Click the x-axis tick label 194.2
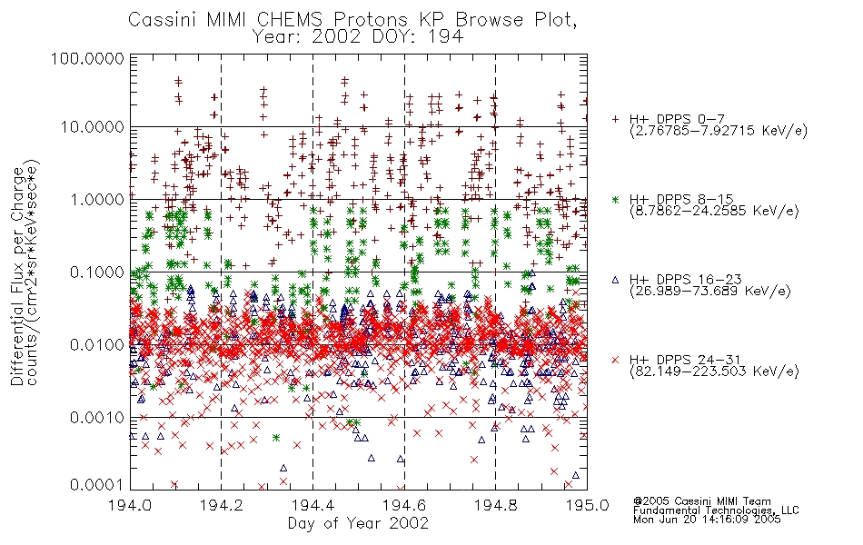click(222, 504)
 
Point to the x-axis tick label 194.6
click(404, 504)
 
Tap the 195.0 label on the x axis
click(587, 504)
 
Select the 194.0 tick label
click(130, 504)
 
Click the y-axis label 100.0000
click(87, 58)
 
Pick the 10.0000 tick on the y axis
click(92, 127)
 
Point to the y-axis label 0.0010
click(96, 418)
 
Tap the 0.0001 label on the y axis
click(96, 485)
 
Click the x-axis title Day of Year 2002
click(358, 523)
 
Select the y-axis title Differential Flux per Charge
click(17, 276)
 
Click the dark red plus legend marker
click(615, 119)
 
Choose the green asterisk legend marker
click(615, 199)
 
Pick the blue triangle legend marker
click(615, 280)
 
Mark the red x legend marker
click(615, 360)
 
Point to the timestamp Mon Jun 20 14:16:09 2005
click(707, 520)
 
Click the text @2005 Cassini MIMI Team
click(701, 501)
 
